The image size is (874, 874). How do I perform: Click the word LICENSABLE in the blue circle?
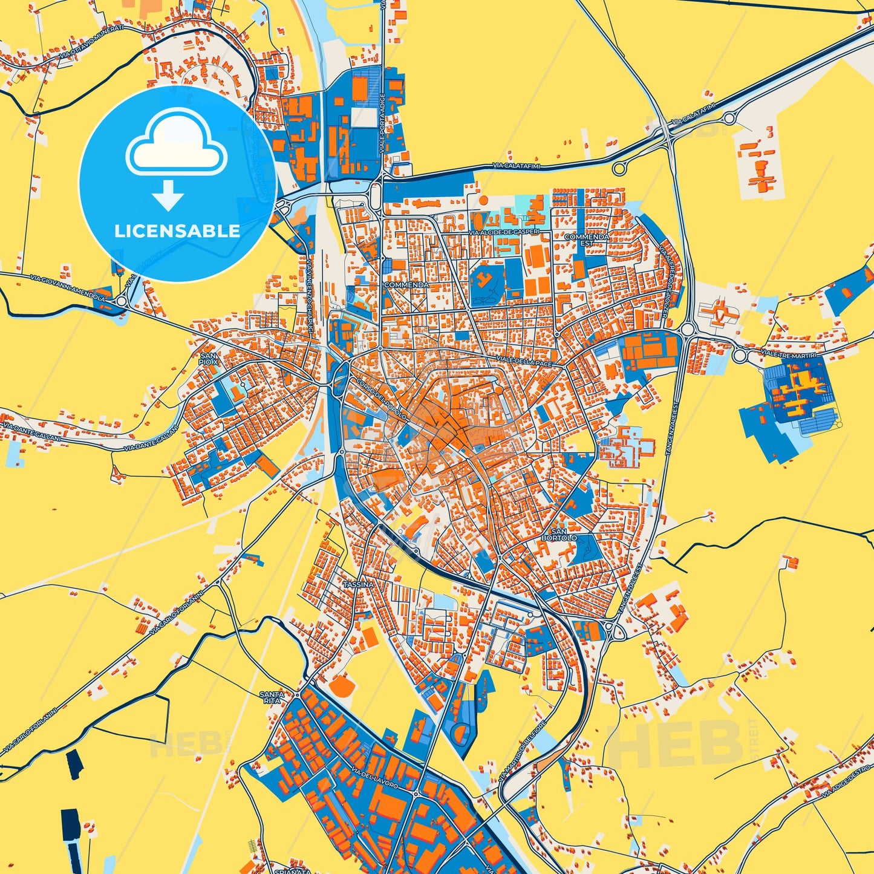[177, 231]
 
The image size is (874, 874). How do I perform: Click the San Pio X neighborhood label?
[208, 359]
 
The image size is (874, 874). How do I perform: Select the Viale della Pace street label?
[524, 360]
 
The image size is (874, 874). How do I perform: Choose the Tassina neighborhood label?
[358, 585]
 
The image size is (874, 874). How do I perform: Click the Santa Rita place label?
[271, 697]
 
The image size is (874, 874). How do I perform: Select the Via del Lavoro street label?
[374, 777]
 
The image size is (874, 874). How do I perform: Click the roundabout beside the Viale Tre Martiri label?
[740, 355]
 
